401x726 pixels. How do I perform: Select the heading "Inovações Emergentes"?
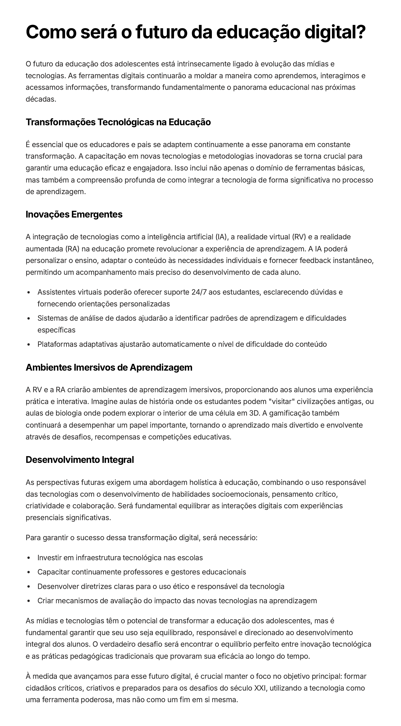click(74, 214)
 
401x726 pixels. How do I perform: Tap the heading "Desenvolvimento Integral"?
click(80, 460)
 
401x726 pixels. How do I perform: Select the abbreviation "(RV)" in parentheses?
click(299, 237)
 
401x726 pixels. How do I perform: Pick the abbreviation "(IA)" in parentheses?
click(221, 237)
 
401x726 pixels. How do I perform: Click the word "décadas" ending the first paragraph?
click(40, 99)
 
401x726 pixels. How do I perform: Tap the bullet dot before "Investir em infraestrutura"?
click(29, 558)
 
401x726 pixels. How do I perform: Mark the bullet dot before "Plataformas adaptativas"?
click(29, 345)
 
